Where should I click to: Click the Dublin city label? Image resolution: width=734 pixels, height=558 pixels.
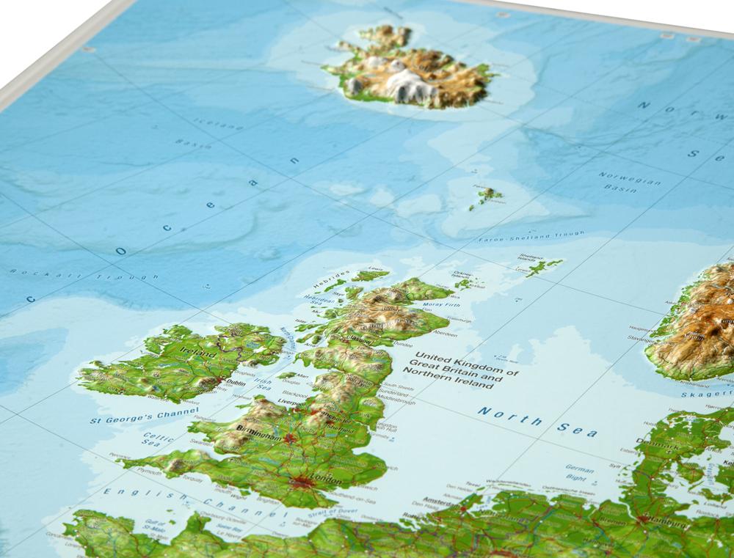(x=236, y=383)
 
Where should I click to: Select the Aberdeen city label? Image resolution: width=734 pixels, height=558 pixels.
(x=443, y=334)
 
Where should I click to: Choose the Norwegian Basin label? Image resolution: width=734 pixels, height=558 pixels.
(x=629, y=181)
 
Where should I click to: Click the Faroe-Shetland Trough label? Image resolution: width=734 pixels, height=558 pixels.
(x=531, y=236)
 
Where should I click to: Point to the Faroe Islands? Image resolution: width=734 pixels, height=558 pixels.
(x=487, y=195)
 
